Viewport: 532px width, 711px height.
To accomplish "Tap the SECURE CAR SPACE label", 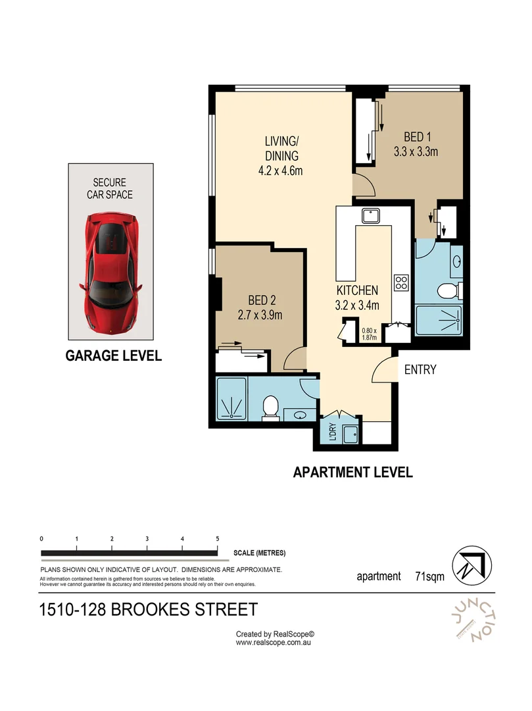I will (112, 189).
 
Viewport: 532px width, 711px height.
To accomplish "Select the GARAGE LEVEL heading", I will (113, 356).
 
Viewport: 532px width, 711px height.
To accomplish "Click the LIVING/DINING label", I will (282, 156).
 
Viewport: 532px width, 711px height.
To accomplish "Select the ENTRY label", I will (420, 370).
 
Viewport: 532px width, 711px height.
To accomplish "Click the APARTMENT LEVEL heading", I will (352, 472).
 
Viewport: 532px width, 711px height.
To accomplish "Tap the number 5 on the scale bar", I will (217, 539).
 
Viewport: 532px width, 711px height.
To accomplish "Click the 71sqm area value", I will (430, 576).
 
